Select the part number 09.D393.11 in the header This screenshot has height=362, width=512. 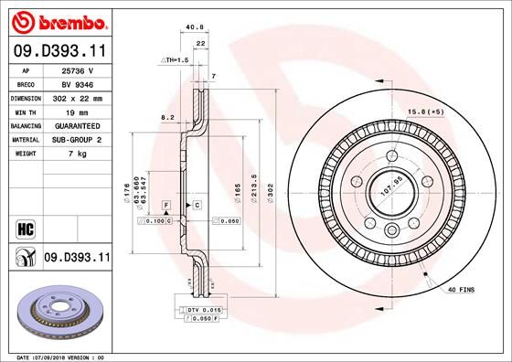point(57,51)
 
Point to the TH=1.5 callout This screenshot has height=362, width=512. point(176,60)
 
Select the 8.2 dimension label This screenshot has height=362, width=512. point(167,118)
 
